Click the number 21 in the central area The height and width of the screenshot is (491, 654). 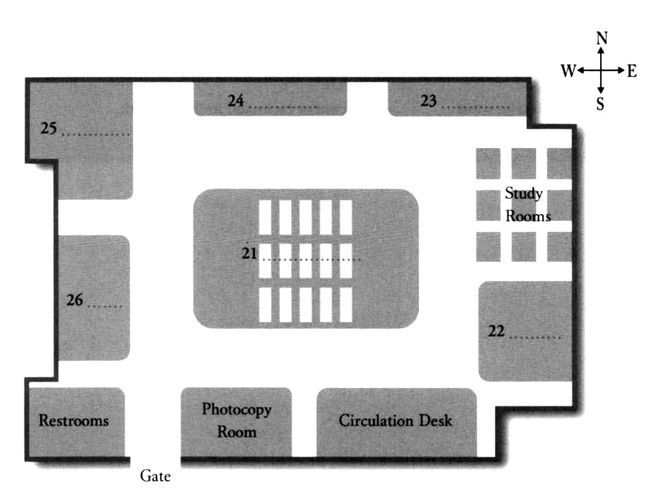(x=249, y=254)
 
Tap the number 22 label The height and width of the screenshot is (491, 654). (x=497, y=331)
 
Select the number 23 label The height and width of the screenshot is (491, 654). (x=429, y=101)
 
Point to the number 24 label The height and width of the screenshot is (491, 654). (x=236, y=101)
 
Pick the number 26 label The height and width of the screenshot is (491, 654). (x=75, y=299)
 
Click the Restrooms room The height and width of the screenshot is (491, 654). (x=74, y=420)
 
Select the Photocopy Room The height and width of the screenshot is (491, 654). (x=236, y=421)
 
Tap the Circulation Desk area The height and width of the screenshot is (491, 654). (x=395, y=421)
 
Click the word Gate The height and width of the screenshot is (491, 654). (x=155, y=476)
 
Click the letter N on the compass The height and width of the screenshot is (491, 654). (x=602, y=39)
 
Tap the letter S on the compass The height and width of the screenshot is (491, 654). (x=600, y=104)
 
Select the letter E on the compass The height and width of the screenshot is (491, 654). (x=632, y=71)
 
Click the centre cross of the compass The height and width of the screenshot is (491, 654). (x=601, y=71)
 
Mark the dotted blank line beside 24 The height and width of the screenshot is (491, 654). (x=282, y=108)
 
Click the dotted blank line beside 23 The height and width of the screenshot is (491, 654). (x=476, y=108)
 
